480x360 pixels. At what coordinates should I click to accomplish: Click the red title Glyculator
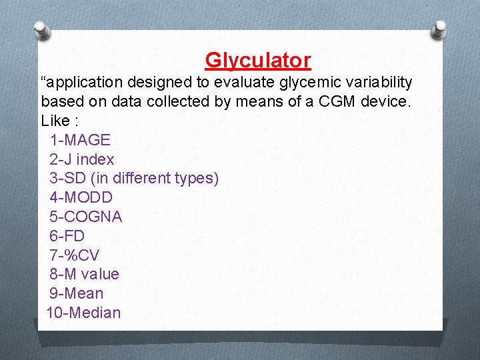tap(257, 61)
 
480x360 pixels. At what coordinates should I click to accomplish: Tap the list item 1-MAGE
tap(79, 140)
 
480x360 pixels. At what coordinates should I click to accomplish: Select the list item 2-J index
tap(81, 159)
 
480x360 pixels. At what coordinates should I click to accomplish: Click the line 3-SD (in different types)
tap(133, 179)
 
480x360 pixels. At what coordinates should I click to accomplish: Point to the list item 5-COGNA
tap(85, 217)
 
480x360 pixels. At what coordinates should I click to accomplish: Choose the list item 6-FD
tap(67, 236)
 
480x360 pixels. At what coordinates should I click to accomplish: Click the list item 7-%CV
tap(74, 255)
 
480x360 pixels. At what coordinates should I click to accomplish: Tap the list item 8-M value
tap(84, 274)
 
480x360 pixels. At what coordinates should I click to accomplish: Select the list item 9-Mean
tap(76, 293)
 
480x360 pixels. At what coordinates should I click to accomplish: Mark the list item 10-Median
tap(83, 313)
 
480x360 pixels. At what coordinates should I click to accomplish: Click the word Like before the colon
tap(55, 121)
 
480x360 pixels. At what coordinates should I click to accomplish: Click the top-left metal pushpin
tap(41, 29)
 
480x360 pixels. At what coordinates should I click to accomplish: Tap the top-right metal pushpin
tap(440, 29)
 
